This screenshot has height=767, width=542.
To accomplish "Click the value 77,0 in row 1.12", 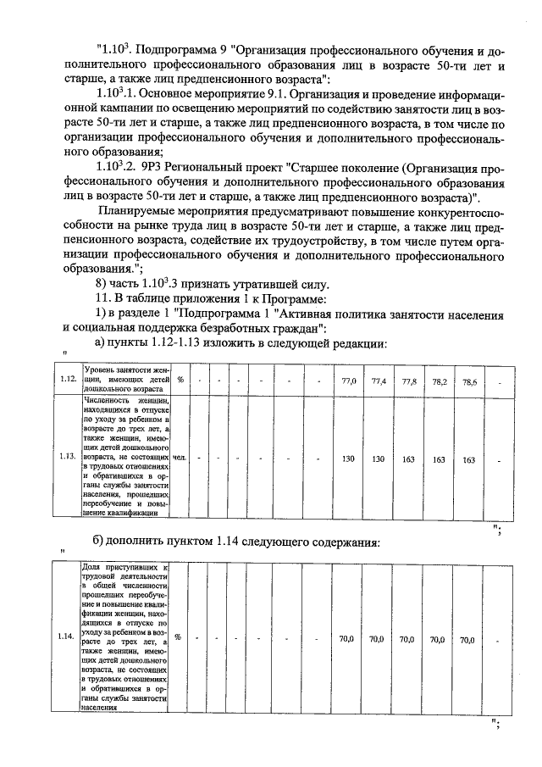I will pyautogui.click(x=347, y=382).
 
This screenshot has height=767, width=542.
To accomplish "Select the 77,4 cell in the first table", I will pyautogui.click(x=379, y=382).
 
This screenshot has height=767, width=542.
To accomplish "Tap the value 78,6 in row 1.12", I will pyautogui.click(x=468, y=382).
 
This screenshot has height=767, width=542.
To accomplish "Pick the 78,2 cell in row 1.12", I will pyautogui.click(x=439, y=382).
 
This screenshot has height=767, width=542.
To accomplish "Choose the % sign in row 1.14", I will pyautogui.click(x=179, y=638).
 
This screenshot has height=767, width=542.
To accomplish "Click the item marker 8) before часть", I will pyautogui.click(x=103, y=283).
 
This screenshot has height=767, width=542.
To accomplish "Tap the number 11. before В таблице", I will pyautogui.click(x=105, y=298).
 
